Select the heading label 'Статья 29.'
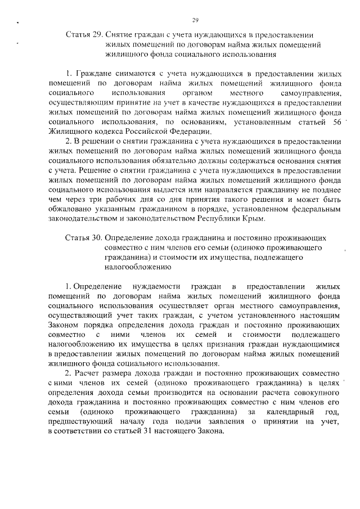84,35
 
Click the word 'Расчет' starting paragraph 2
88,373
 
